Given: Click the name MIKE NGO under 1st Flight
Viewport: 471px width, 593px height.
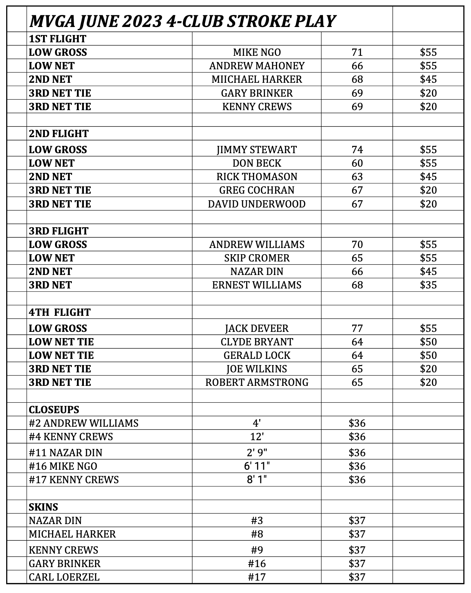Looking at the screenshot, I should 257,52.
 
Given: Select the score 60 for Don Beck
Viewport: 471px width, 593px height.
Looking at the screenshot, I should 357,163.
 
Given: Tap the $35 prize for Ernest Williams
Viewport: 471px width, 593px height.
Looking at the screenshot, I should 428,285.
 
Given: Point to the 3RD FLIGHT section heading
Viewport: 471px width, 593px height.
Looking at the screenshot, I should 59,231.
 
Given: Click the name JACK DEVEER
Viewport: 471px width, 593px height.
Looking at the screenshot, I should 257,328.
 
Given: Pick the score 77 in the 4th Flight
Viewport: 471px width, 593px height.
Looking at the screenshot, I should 357,328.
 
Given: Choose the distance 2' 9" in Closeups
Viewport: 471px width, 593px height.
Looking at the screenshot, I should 257,453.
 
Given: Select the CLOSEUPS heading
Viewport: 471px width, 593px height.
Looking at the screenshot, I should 54,410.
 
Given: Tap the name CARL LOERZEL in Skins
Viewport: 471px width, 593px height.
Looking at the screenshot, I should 64,577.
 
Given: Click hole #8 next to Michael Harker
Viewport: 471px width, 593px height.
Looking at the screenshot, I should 257,534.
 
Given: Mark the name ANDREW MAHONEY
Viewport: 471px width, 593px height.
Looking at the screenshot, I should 257,66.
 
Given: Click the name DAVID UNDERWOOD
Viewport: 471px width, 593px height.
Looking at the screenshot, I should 257,204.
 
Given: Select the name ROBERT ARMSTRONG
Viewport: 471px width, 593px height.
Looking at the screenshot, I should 257,382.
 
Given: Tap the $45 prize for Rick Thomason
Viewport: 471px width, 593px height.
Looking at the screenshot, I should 428,177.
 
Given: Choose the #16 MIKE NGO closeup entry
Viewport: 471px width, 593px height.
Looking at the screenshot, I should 63,466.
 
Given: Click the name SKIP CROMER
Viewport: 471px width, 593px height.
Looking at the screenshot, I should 257,258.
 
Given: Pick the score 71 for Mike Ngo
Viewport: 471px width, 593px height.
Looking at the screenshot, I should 357,52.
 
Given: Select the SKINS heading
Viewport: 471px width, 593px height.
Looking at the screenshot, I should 43,507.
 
